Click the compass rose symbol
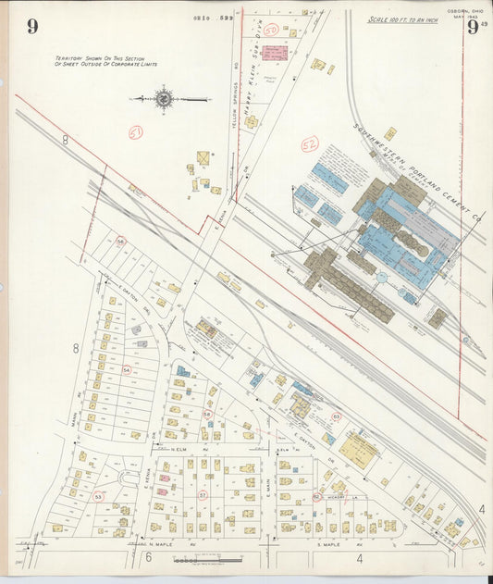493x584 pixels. click(165, 97)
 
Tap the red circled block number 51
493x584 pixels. click(136, 133)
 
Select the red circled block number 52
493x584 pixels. click(310, 143)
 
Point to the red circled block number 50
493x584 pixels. click(271, 30)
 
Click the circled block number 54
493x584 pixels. click(126, 369)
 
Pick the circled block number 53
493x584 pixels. click(98, 497)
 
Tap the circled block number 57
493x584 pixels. click(202, 495)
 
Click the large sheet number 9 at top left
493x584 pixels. click(32, 26)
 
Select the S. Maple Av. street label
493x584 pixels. click(331, 543)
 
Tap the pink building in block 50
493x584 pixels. click(274, 53)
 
